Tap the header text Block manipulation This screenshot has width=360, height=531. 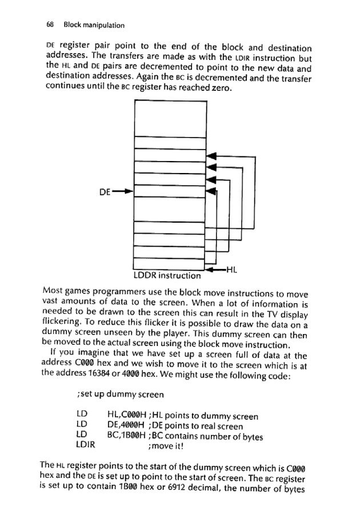coord(94,25)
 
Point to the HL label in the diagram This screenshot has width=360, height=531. coord(233,268)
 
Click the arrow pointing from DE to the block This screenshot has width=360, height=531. coord(123,192)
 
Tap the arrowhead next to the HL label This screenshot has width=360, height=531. coord(213,268)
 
